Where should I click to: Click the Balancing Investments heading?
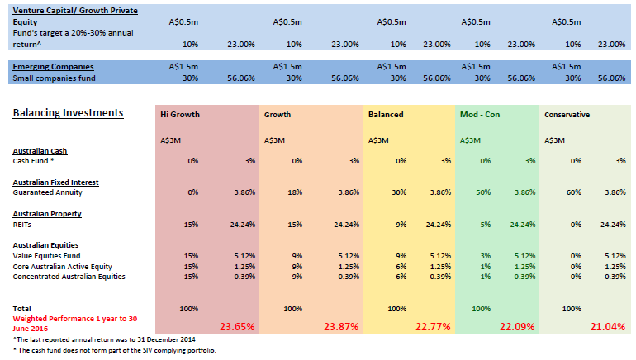coord(68,113)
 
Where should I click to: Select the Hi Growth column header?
coord(179,115)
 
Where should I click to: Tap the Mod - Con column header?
coord(478,115)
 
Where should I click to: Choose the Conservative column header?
coord(567,115)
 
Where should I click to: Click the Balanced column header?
coord(386,115)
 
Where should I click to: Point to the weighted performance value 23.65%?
coord(237,326)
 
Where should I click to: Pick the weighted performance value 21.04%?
coord(607,326)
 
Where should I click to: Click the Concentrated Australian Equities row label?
coord(69,276)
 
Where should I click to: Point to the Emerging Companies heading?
coord(53,66)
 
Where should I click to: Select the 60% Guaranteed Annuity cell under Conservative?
coord(572,192)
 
